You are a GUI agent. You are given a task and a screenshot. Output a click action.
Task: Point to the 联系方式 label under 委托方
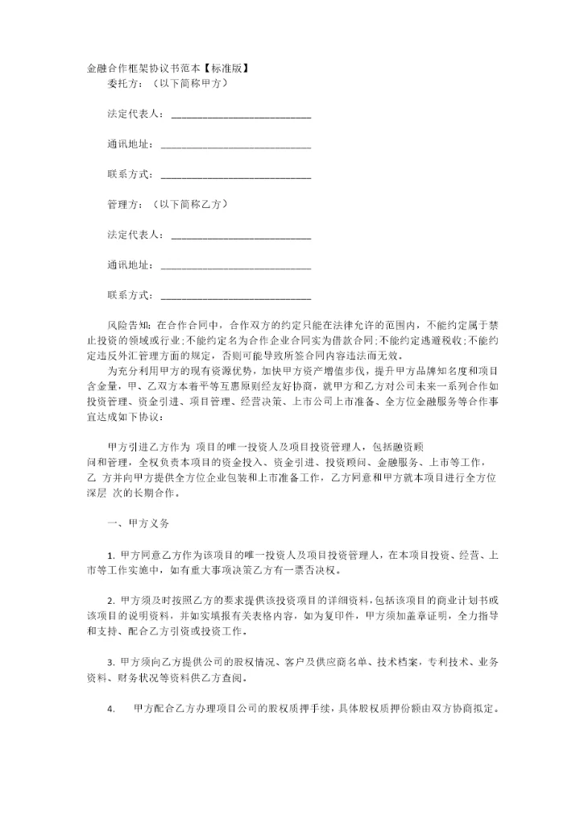coord(129,174)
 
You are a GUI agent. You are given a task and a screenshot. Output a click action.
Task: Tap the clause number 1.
coord(110,556)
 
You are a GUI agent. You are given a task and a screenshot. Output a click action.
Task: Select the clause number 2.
coord(110,601)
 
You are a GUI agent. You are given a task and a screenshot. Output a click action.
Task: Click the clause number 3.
coord(110,662)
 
